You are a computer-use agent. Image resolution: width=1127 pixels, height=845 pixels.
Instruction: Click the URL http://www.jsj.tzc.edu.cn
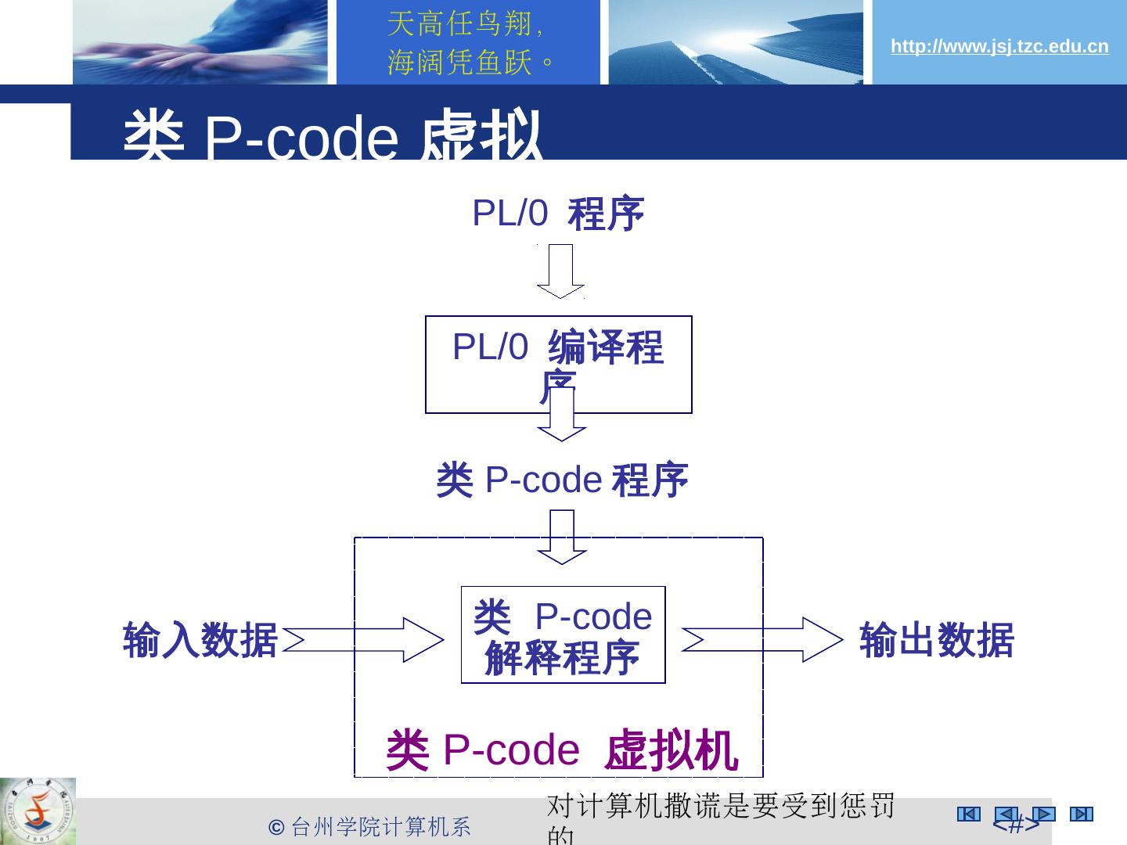click(x=999, y=47)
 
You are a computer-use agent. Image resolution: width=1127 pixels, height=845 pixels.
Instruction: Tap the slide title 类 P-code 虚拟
click(x=333, y=136)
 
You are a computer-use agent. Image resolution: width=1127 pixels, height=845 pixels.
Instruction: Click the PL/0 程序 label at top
click(x=557, y=214)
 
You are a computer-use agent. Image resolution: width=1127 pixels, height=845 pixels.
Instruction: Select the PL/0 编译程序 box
click(x=558, y=364)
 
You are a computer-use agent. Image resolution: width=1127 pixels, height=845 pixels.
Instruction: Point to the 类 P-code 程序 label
click(x=561, y=480)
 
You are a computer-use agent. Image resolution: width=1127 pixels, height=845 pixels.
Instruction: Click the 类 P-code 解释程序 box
click(x=563, y=635)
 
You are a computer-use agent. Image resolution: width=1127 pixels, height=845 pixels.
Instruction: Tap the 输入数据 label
click(x=200, y=640)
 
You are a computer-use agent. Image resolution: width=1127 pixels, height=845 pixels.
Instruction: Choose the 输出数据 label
click(x=936, y=640)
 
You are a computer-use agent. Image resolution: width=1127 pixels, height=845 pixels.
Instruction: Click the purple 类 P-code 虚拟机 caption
click(x=561, y=750)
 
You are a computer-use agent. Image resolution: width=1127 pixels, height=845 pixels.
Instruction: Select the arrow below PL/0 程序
click(x=560, y=271)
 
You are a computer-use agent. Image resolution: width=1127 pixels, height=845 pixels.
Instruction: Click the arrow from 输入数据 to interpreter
click(x=364, y=639)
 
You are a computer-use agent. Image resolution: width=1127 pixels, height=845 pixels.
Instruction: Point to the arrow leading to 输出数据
click(x=763, y=639)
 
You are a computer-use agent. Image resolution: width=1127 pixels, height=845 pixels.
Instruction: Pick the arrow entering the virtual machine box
click(x=562, y=537)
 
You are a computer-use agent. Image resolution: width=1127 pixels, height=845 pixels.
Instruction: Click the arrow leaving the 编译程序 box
click(x=562, y=415)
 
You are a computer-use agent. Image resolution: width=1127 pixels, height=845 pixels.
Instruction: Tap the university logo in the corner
click(x=38, y=811)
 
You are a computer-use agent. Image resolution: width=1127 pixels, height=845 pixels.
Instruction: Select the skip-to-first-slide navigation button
click(x=968, y=814)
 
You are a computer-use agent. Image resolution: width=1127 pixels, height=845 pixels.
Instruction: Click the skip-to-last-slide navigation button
click(x=1081, y=814)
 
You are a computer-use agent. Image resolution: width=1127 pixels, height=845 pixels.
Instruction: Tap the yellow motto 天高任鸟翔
click(x=464, y=25)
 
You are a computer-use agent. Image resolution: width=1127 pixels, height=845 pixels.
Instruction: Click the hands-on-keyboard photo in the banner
click(x=200, y=42)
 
